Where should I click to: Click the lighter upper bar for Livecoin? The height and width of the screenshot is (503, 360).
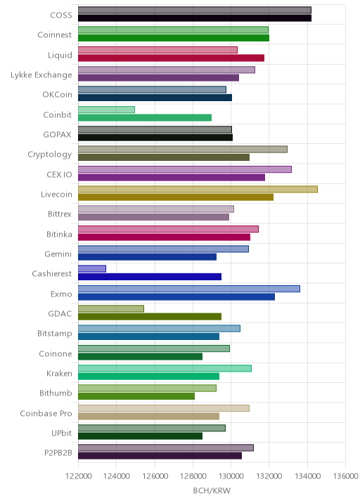[x=198, y=189]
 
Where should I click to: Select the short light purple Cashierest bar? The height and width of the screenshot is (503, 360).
[x=92, y=269]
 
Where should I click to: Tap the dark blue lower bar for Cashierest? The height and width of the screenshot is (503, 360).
[x=150, y=277]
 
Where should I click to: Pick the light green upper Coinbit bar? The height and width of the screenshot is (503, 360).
[x=106, y=110]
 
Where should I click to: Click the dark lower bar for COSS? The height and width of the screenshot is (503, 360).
[x=195, y=18]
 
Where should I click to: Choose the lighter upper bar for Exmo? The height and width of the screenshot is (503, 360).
[x=189, y=289]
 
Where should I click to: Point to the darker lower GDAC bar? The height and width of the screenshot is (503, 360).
[x=150, y=317]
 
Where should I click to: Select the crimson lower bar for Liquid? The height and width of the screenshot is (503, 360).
[x=171, y=58]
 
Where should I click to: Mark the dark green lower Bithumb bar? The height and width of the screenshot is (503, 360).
[x=136, y=396]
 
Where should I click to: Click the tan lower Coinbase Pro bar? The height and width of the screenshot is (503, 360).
[x=148, y=417]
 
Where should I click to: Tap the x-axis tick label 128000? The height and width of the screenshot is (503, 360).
[x=193, y=476]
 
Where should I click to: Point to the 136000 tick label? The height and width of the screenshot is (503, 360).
[x=345, y=476]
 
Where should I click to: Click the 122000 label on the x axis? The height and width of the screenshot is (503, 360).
[x=78, y=476]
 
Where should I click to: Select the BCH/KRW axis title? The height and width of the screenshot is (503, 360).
[x=212, y=491]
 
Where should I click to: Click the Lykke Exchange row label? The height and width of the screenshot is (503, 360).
[x=41, y=75]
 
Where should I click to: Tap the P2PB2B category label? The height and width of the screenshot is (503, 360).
[x=58, y=453]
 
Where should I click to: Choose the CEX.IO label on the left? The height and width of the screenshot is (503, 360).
[x=59, y=175]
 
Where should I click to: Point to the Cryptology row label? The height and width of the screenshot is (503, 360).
[x=50, y=155]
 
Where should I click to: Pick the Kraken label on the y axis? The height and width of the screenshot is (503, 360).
[x=59, y=374]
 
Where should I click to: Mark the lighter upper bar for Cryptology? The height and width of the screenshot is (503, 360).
[x=183, y=150]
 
